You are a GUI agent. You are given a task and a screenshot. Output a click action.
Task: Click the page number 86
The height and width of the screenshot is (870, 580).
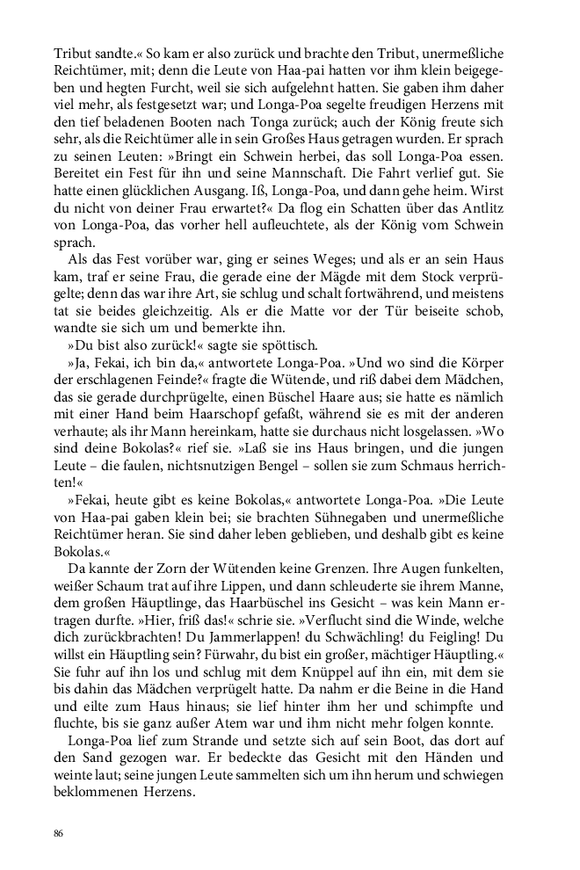click(x=59, y=830)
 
